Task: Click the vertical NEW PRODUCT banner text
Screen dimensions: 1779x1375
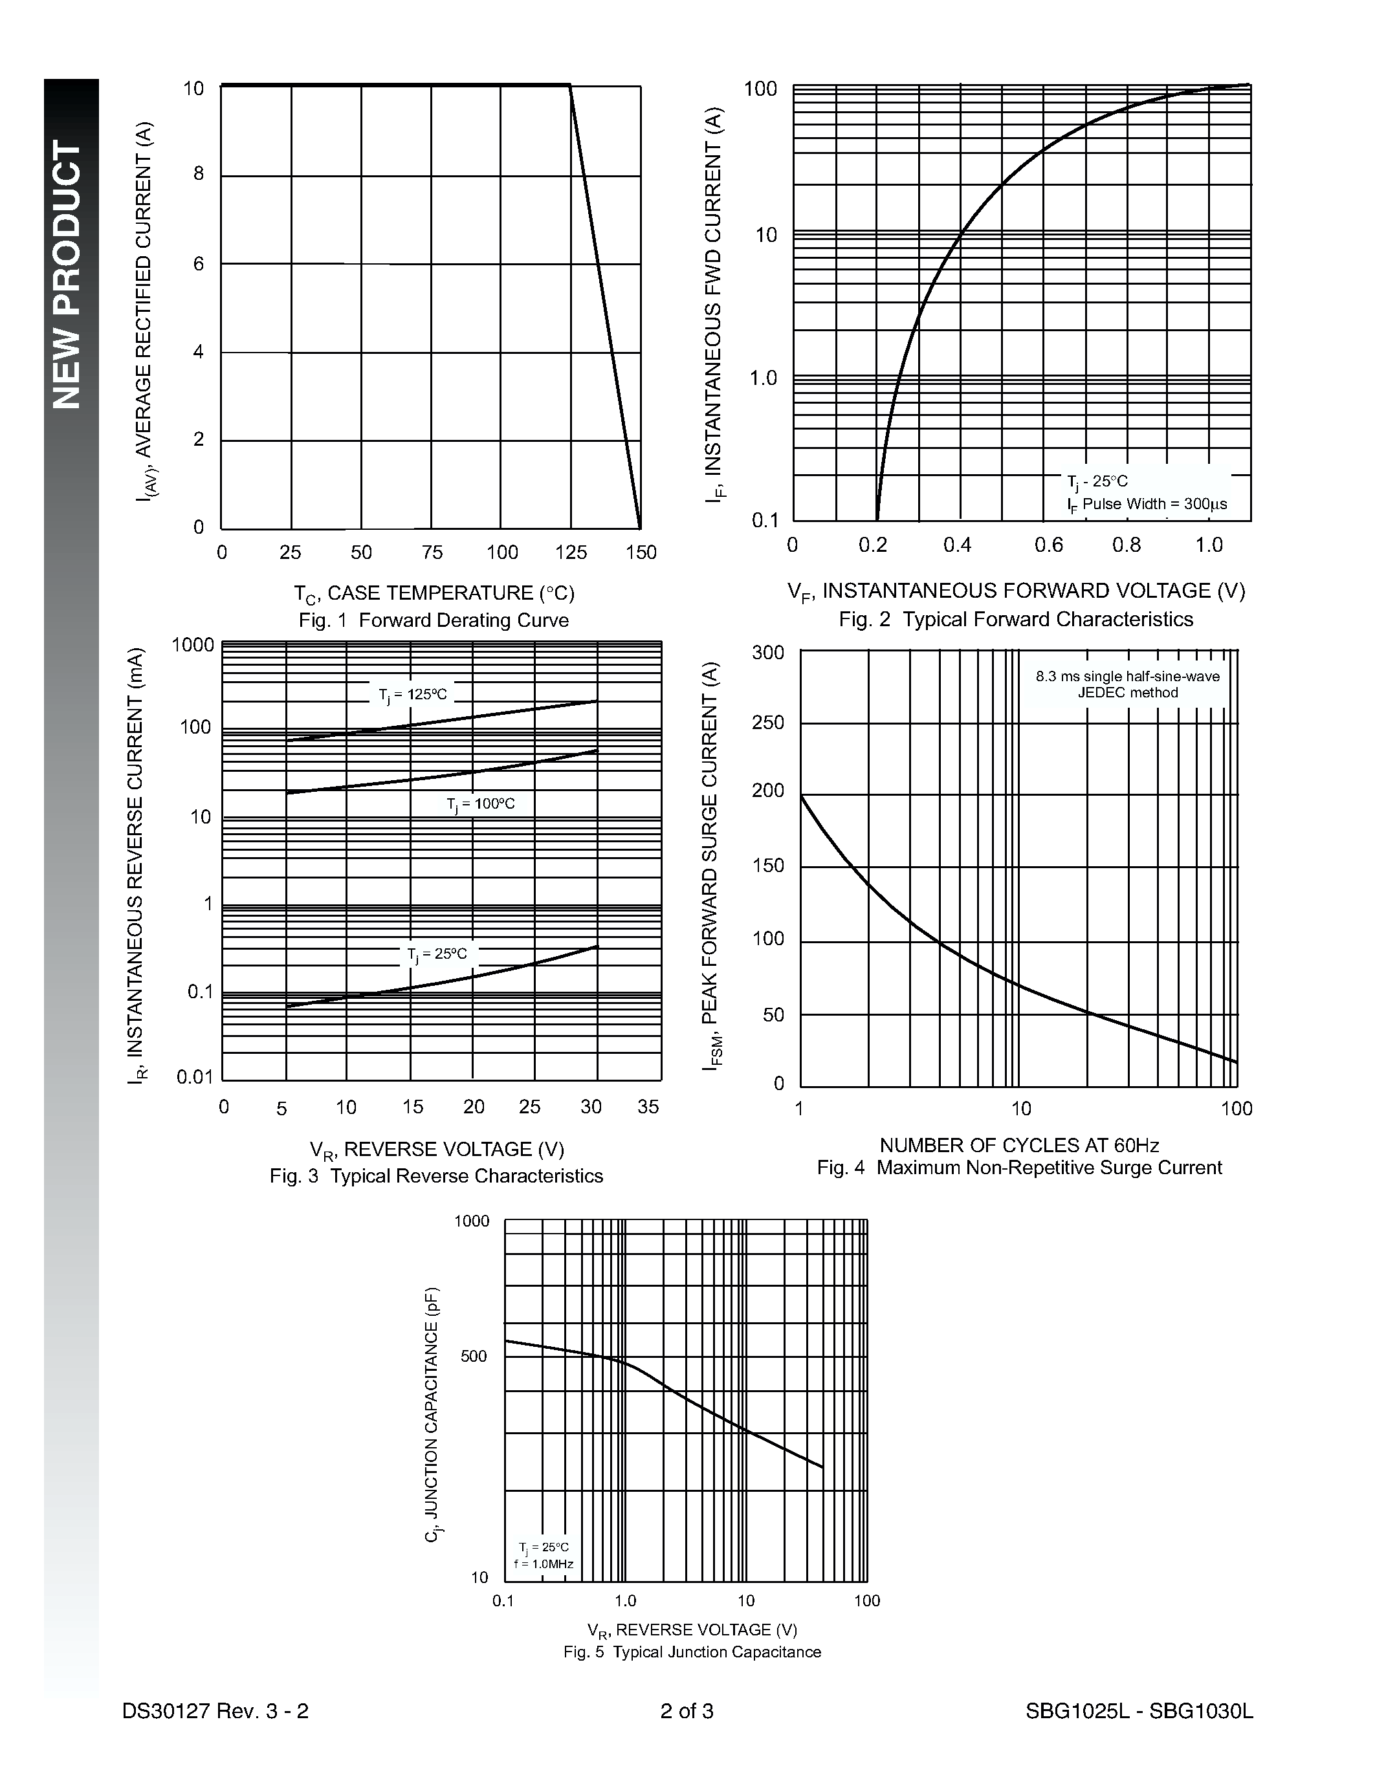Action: tap(69, 274)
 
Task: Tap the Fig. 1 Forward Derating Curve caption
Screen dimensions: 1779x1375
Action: tap(434, 620)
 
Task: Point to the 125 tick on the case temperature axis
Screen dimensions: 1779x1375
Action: tap(571, 552)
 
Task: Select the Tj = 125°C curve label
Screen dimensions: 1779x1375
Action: tap(412, 695)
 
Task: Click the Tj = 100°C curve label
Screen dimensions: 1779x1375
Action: tap(481, 804)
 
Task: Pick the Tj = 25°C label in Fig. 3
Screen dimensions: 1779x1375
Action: tap(437, 954)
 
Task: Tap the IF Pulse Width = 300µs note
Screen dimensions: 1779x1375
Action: tap(1147, 504)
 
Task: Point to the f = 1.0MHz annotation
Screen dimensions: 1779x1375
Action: tap(544, 1564)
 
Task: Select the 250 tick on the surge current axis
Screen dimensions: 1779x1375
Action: tap(768, 723)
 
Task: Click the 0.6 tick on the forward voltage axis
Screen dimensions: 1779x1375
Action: tap(1048, 545)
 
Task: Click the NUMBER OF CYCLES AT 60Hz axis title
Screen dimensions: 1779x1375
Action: tap(1019, 1145)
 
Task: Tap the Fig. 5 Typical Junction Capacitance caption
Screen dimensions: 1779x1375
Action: tap(692, 1652)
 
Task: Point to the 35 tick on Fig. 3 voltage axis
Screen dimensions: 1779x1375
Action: tap(648, 1106)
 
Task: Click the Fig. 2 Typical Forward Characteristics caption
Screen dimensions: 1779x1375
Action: tap(1016, 619)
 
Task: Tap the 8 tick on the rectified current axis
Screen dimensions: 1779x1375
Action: tap(198, 173)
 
